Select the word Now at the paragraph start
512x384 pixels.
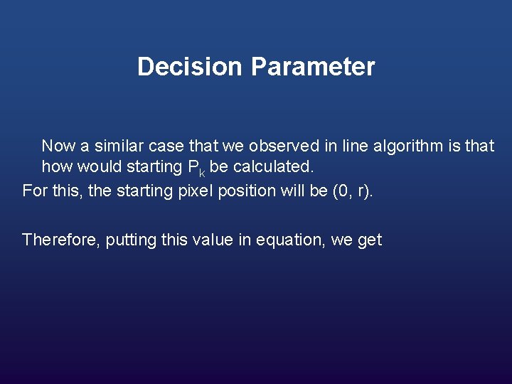pos(58,146)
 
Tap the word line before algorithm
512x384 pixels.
pos(353,146)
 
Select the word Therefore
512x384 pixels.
pos(61,240)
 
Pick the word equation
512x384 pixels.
pos(287,240)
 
